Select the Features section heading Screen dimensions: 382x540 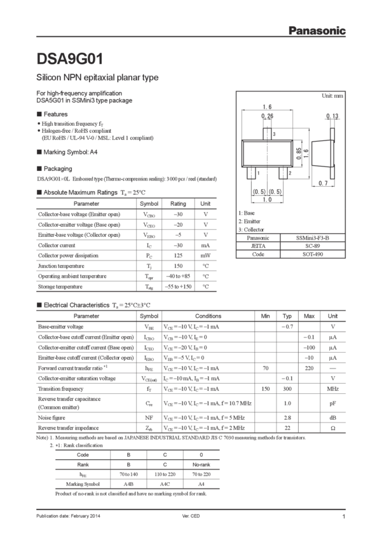[x=54, y=115]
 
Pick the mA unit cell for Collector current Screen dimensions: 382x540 [x=205, y=245]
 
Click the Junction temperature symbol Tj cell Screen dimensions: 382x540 [x=148, y=266]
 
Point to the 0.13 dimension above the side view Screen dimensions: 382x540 [x=331, y=116]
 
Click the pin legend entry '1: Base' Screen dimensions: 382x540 [x=247, y=213]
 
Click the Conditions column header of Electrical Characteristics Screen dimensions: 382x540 [x=207, y=315]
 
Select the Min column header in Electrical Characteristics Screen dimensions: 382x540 [x=266, y=315]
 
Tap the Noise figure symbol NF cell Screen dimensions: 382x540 [x=149, y=417]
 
